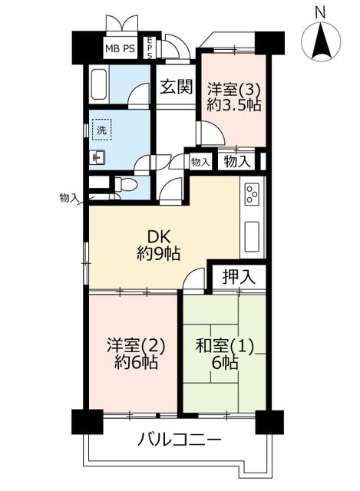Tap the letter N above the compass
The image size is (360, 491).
coord(320,13)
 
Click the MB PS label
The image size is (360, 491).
coord(120,48)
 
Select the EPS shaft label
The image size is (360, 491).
coord(150,48)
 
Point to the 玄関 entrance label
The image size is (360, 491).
coord(176,87)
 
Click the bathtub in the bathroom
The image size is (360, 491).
coord(99,84)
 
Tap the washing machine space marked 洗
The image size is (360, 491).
coord(101,130)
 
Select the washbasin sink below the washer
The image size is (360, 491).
coord(97,157)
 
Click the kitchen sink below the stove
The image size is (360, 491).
coord(252,236)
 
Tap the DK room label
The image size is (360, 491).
coord(159,237)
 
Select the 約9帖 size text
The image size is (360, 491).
coord(158,253)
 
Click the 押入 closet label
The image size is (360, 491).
coord(239,277)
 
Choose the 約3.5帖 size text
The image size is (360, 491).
coord(234,105)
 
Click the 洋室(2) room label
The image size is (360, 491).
coord(136,346)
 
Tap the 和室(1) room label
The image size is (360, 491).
coord(225,347)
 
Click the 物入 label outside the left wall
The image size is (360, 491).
coord(68,198)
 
